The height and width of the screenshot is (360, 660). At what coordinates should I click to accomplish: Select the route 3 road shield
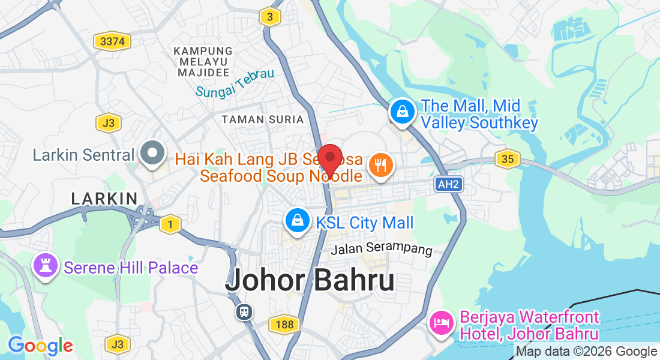(x=270, y=17)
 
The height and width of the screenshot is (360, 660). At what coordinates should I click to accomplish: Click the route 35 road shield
(x=507, y=159)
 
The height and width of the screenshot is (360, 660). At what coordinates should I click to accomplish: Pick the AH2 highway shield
(x=449, y=185)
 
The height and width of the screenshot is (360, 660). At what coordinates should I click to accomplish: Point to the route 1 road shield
(x=170, y=223)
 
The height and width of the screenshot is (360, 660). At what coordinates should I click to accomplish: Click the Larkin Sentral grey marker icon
(x=153, y=154)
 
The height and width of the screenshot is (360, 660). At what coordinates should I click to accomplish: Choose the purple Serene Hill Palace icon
(x=46, y=266)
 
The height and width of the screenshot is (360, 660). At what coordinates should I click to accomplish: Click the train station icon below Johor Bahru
(x=244, y=311)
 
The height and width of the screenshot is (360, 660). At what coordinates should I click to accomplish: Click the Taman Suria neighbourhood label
(x=263, y=119)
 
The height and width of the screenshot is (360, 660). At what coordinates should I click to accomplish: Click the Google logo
(x=40, y=346)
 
